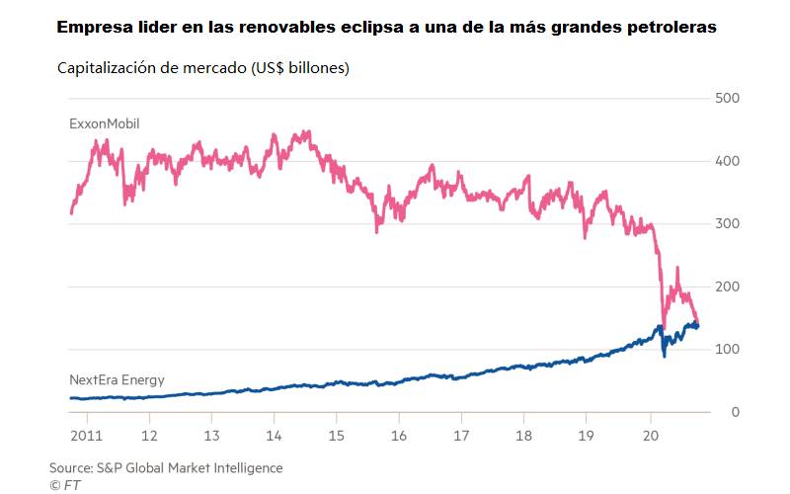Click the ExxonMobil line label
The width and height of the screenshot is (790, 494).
coord(105,124)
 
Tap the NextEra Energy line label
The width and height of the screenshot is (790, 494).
coord(117,379)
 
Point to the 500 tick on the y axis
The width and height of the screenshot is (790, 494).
coord(726,99)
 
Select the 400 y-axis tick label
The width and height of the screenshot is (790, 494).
coord(726,161)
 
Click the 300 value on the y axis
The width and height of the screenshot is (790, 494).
coord(726,224)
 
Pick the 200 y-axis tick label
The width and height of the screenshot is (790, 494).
coord(726,287)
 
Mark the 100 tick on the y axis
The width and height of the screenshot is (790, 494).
coord(726,350)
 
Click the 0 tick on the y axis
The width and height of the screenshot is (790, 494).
coord(734,412)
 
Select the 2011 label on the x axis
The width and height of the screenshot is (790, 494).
coord(86,435)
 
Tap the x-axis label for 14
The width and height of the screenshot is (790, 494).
coord(274,435)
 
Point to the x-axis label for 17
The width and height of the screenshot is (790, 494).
coord(461,435)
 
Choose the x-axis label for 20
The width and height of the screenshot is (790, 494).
coord(650,435)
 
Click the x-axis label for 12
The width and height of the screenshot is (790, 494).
coord(149,435)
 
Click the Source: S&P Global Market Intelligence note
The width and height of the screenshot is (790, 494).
coord(166,467)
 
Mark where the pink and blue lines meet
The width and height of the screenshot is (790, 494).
coord(695,324)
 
